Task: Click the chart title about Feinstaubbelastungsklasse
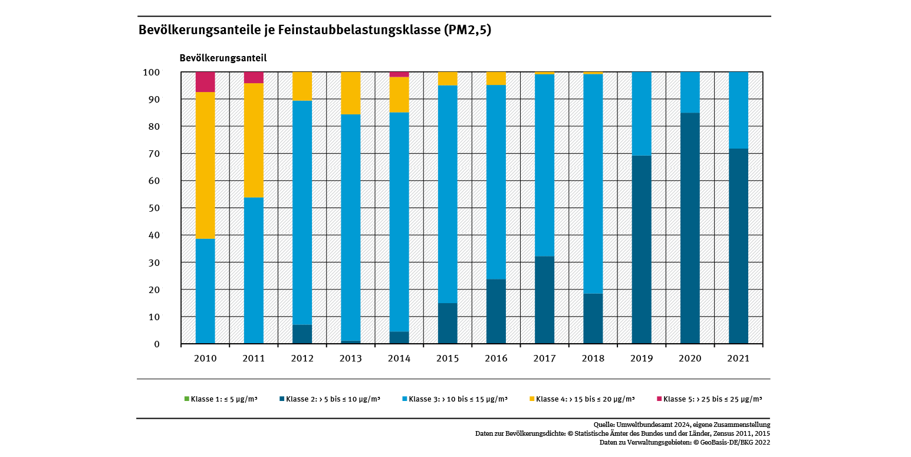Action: point(314,30)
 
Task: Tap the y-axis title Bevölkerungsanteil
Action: point(223,58)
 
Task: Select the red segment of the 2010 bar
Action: point(205,82)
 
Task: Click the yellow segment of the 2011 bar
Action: point(254,140)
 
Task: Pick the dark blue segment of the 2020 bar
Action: point(690,228)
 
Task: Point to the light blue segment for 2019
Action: point(642,114)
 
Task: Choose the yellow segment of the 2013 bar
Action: point(350,93)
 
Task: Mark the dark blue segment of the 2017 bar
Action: point(544,300)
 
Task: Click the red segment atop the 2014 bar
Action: point(399,74)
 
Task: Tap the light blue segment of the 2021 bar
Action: point(738,110)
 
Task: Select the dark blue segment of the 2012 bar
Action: point(302,334)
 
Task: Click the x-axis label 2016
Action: point(496,359)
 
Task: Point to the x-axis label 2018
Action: point(593,359)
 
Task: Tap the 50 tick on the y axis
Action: point(152,208)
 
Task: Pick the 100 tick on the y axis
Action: point(151,73)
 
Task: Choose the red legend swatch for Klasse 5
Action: point(659,399)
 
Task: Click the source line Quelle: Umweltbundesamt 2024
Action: point(682,425)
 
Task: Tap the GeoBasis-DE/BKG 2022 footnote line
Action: point(685,442)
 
